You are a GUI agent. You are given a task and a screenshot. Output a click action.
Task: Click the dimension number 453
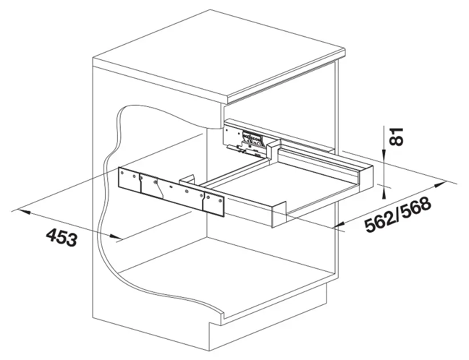[61, 237]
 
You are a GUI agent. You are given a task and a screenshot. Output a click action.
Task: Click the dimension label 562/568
[398, 214]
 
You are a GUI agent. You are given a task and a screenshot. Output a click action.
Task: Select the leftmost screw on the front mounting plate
[122, 173]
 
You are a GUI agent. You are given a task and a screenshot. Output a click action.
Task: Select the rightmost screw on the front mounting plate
[221, 201]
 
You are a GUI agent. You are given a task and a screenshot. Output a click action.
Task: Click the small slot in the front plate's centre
[170, 187]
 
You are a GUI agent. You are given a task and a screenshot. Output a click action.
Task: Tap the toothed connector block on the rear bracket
[252, 139]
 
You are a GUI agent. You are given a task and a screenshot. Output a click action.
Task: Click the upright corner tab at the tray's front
[279, 213]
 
